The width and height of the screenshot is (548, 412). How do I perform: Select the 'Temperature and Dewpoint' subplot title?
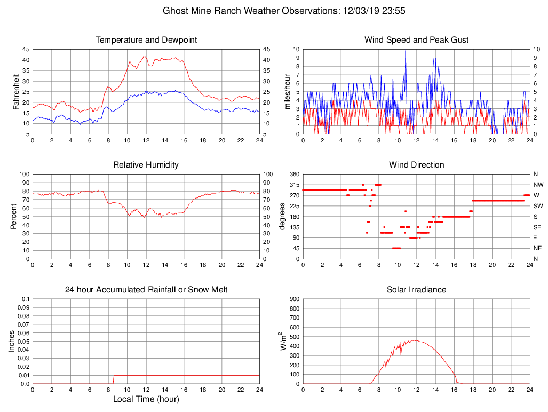pos(146,40)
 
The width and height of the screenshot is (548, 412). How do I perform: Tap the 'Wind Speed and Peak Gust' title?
pos(416,40)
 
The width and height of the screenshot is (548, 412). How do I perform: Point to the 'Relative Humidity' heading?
pos(146,165)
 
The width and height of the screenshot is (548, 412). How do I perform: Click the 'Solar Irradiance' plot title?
pos(416,290)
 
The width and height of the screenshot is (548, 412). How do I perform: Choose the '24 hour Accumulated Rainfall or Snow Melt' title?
pos(146,290)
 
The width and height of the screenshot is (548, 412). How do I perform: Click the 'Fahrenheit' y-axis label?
pos(16,91)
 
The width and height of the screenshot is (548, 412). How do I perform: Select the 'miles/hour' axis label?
pos(287,91)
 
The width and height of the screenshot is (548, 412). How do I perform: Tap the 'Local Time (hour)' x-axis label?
pos(146,399)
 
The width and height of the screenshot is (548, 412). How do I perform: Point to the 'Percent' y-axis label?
pos(14,216)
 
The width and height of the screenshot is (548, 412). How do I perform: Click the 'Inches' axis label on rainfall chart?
pos(12,342)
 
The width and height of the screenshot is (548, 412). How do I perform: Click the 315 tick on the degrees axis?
pos(294,185)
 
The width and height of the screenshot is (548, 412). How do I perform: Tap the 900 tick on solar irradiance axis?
pos(294,299)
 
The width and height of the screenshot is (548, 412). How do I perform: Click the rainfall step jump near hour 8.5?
pos(113,379)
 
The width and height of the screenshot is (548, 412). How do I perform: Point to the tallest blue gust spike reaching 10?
pos(406,51)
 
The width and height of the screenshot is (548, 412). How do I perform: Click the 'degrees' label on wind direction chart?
pos(282,216)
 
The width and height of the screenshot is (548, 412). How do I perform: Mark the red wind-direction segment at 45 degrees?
pos(396,248)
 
